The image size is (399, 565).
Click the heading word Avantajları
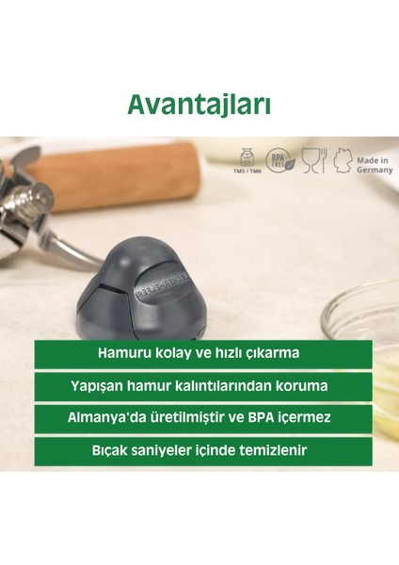pos(199,103)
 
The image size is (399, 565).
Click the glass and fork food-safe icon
pos(313,161)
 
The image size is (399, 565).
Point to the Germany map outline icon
pos(341,161)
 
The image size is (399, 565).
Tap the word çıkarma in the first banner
pos(271,354)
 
